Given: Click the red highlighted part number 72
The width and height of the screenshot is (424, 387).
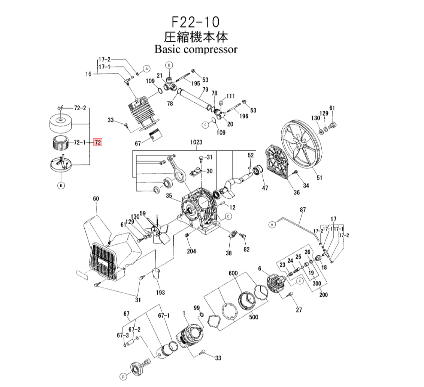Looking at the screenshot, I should (98, 142).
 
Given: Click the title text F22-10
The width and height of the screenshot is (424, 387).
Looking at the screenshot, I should (196, 21).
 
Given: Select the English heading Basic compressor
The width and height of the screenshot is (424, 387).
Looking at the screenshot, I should (196, 49).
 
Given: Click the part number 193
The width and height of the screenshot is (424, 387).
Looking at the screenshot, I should (161, 292).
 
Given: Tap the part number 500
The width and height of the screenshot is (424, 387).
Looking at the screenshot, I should (254, 317).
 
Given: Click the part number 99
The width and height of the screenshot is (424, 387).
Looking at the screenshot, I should (197, 308).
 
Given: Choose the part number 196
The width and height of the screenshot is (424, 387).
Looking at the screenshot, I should (244, 116).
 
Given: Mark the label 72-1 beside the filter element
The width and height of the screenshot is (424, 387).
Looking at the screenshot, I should (79, 142).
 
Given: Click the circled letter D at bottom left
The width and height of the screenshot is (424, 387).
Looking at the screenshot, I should (123, 376).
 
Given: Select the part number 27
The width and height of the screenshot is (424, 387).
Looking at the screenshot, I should (299, 310).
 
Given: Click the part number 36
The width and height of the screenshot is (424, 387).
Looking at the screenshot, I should (297, 193).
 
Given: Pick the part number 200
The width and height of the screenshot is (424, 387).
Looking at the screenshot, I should (323, 294).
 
